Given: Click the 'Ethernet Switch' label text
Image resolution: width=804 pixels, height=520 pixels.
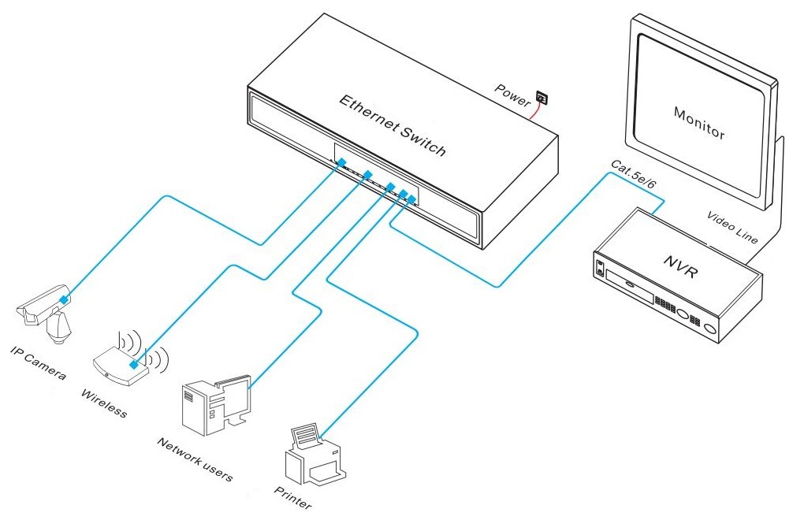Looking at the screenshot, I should (x=392, y=125).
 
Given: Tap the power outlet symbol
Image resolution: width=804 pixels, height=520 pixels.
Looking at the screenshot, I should (x=542, y=98).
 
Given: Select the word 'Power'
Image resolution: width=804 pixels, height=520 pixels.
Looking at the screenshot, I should (x=512, y=91).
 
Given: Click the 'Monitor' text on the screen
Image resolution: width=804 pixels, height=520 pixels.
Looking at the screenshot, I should (x=698, y=123).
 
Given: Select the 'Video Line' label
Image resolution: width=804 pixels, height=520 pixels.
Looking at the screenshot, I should (x=732, y=228).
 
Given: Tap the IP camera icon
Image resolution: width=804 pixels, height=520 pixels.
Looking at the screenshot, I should (x=47, y=311).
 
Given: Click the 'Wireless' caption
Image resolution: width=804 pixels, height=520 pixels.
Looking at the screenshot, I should (x=103, y=403).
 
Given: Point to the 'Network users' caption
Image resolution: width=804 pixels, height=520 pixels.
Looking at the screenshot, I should (x=193, y=459).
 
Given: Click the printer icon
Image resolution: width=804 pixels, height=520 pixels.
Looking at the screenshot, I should (x=314, y=456).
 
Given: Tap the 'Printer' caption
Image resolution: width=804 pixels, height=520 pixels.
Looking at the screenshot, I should (x=292, y=499).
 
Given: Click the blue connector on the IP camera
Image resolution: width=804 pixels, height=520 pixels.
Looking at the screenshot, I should (x=65, y=298).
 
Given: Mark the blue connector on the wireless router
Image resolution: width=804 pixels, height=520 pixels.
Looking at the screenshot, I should (x=136, y=365).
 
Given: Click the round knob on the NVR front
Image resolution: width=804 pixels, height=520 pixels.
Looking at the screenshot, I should (x=711, y=329).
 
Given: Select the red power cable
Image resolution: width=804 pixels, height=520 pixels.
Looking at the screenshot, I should (x=534, y=113).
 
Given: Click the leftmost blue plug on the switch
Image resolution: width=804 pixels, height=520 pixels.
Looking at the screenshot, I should (x=341, y=163).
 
